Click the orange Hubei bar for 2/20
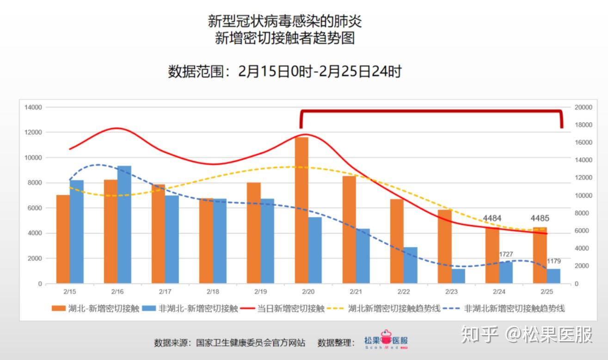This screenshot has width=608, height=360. (x=301, y=210)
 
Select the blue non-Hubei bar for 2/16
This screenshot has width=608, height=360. (x=124, y=225)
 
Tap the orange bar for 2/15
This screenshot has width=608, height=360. (x=63, y=239)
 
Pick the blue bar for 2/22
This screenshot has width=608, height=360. (x=410, y=265)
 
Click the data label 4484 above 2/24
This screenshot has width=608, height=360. (x=492, y=218)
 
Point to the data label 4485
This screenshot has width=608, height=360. (x=540, y=218)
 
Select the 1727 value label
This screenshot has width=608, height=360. (x=506, y=255)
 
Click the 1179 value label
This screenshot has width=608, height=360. (x=553, y=262)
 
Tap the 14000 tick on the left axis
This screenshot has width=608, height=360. (x=33, y=107)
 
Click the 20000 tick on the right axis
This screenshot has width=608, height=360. (x=583, y=107)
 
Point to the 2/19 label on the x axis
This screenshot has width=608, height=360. (x=260, y=292)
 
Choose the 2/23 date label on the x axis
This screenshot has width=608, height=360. (x=451, y=292)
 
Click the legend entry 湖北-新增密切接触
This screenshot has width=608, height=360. (x=95, y=309)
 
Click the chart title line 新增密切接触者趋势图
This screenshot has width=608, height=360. (x=285, y=38)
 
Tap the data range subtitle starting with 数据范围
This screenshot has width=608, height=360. (x=285, y=71)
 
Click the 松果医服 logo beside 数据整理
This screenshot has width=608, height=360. (x=386, y=341)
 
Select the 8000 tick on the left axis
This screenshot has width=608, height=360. (x=35, y=183)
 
